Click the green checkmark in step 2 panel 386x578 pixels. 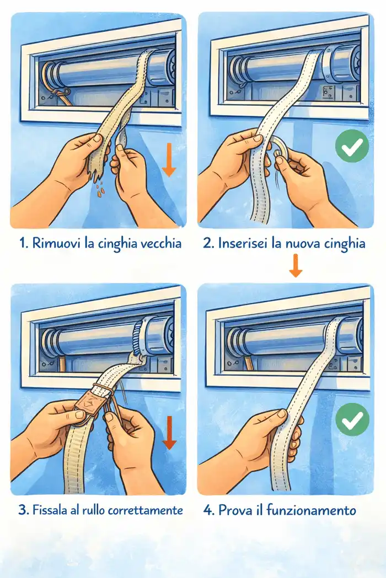[x=352, y=146]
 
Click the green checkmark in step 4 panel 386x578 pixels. [x=352, y=419]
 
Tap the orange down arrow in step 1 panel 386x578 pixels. [x=169, y=160]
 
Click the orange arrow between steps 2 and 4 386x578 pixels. [x=296, y=265]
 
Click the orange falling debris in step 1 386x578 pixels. [x=100, y=188]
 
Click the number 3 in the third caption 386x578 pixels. [x=23, y=510]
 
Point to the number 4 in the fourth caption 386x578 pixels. [x=208, y=510]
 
